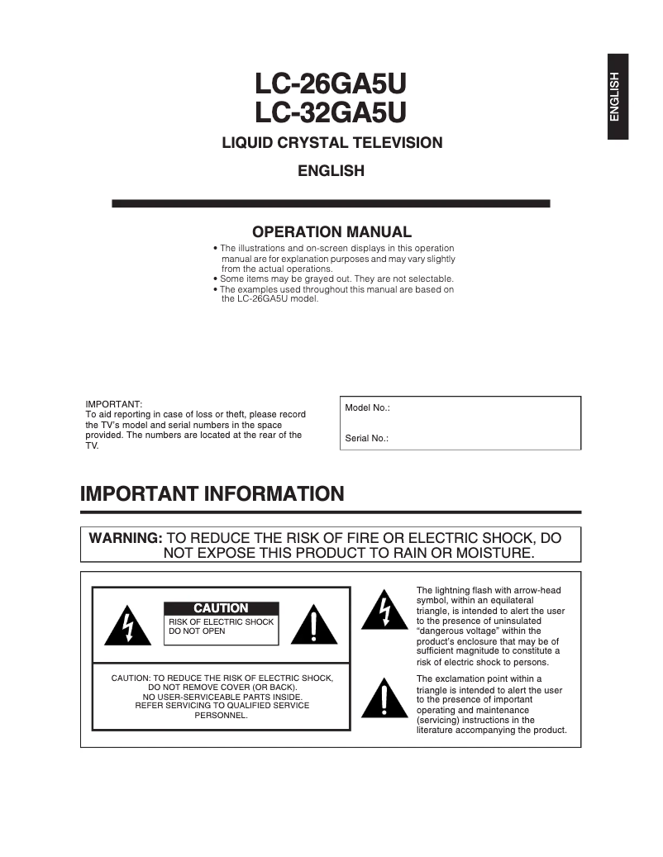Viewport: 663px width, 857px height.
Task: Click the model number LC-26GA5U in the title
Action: [331, 85]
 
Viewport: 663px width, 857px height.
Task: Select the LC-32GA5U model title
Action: [331, 112]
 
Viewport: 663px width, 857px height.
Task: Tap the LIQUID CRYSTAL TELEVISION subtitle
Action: [331, 143]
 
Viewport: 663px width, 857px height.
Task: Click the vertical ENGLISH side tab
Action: [617, 97]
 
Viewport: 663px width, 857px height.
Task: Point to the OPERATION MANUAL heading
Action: [331, 232]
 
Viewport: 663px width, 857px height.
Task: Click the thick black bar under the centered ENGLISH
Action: [331, 203]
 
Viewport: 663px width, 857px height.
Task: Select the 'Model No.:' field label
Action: [367, 408]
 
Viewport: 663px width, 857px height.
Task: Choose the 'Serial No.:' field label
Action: [367, 439]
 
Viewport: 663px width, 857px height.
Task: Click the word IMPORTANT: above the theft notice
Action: [114, 404]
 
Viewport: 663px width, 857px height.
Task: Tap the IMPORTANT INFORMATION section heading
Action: [212, 494]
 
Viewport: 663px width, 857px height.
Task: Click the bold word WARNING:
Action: [126, 538]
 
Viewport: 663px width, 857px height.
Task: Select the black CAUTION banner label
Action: [221, 608]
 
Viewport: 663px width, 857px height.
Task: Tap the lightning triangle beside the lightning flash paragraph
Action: [383, 610]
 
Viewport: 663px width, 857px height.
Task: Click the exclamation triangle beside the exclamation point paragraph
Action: [383, 699]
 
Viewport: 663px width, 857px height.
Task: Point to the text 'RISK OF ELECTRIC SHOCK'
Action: [221, 622]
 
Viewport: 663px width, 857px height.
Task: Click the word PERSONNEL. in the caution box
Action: [221, 716]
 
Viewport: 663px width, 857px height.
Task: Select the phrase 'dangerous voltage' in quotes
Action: [458, 631]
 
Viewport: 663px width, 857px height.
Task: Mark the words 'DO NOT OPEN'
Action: [197, 631]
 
